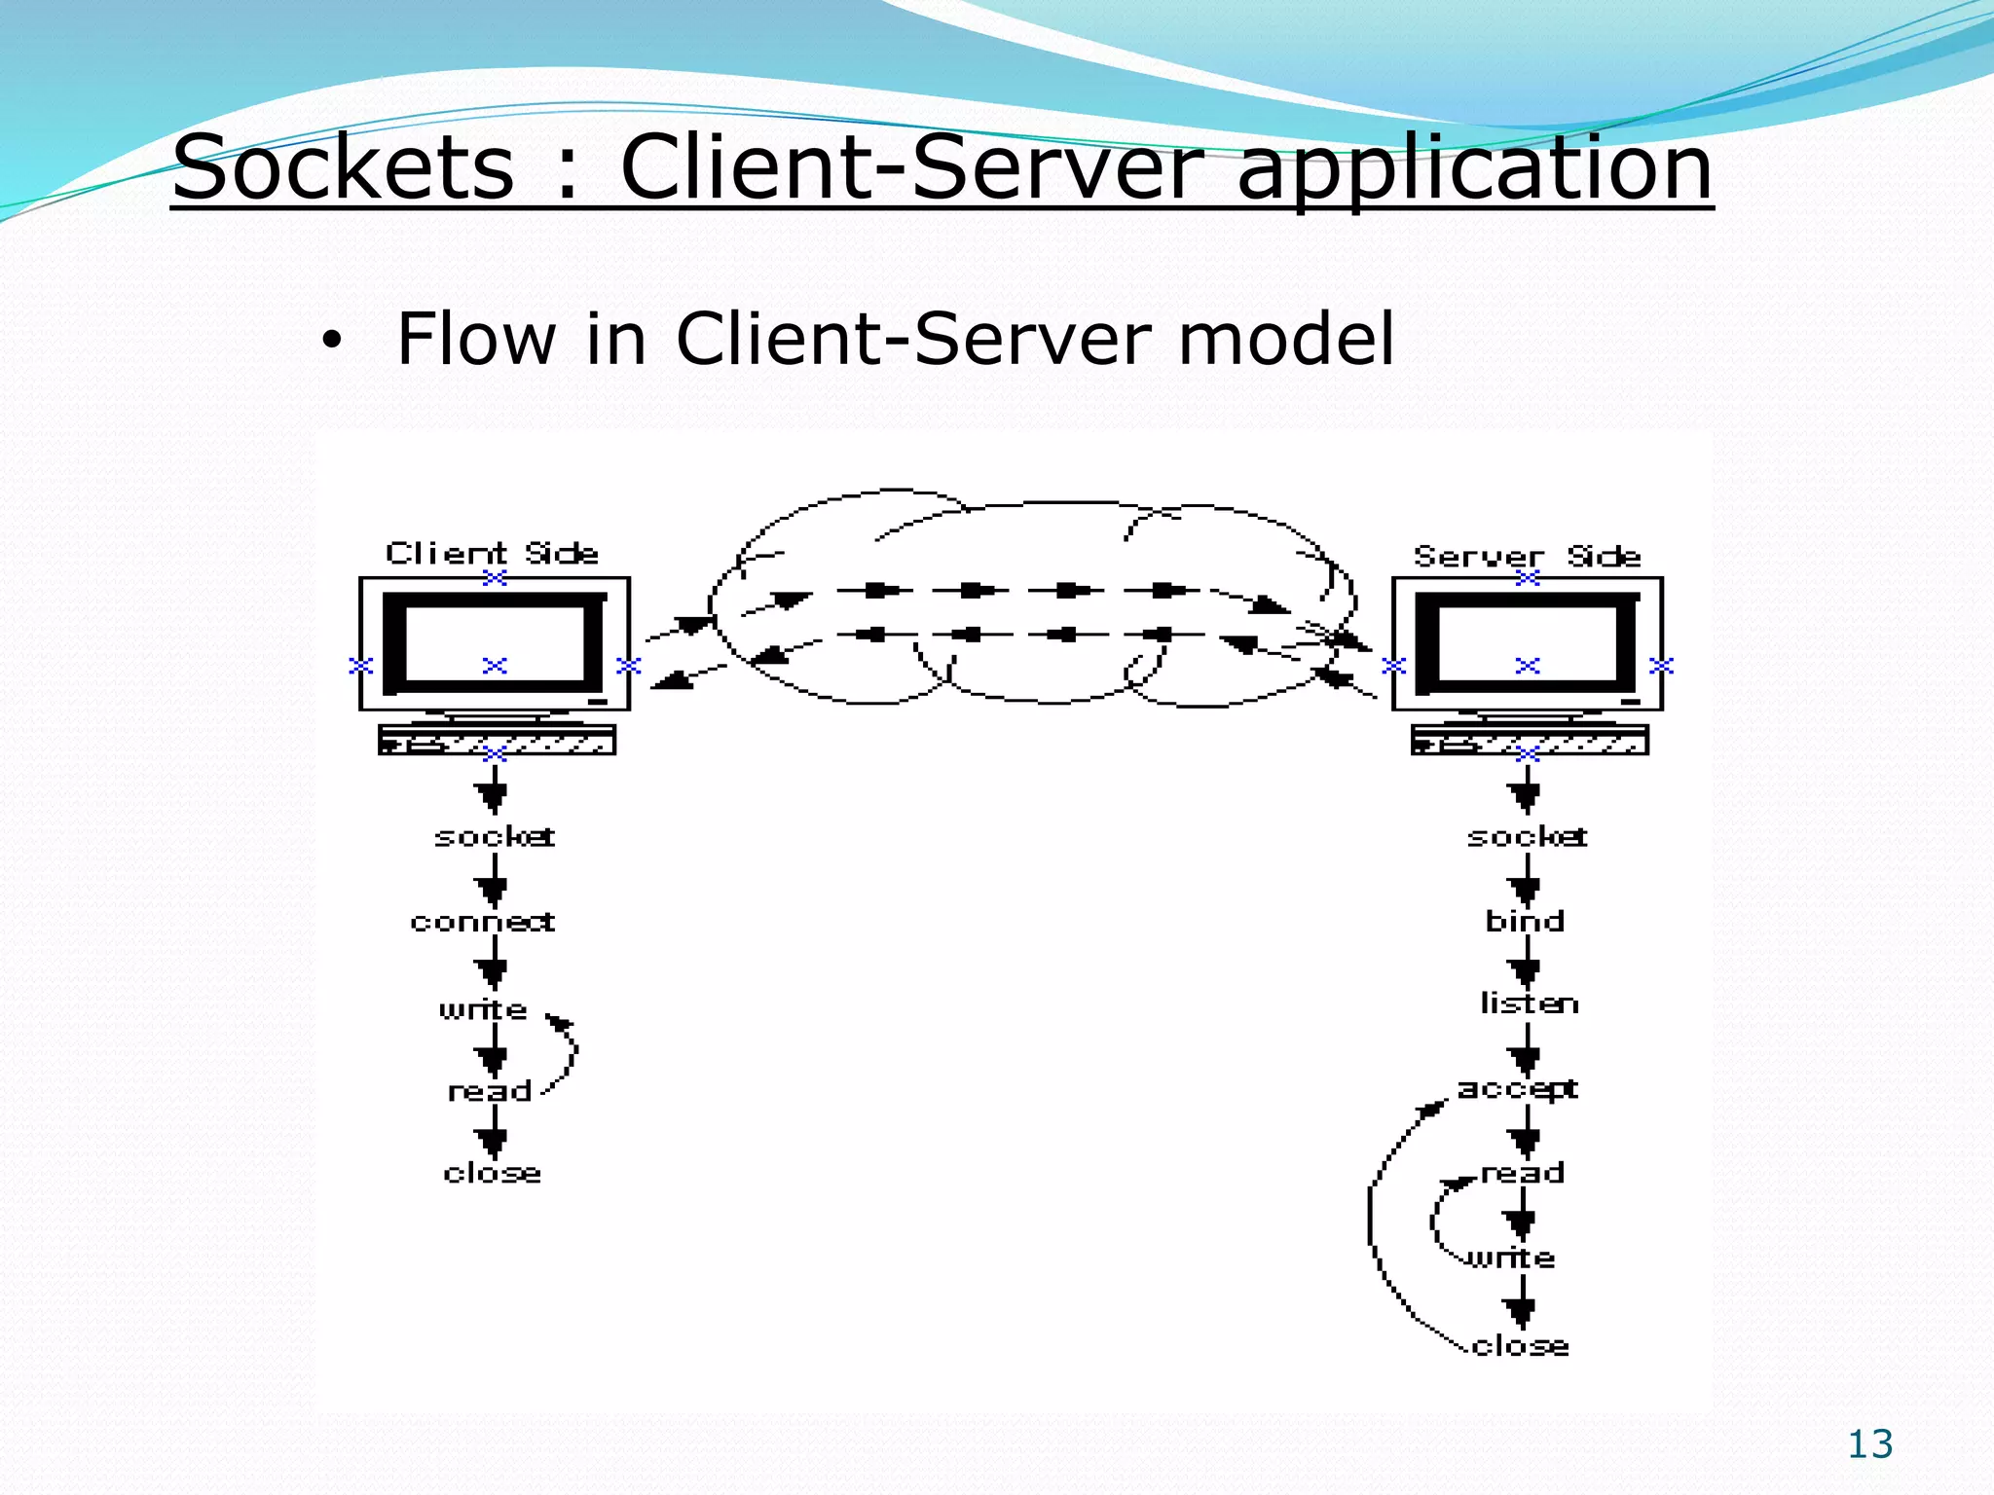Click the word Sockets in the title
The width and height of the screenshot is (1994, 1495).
tap(343, 167)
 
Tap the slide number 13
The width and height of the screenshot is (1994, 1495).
tap(1869, 1444)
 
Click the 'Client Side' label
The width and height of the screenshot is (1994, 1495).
tap(492, 553)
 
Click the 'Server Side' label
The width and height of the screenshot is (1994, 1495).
tap(1527, 556)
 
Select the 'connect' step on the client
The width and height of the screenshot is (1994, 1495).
tap(483, 921)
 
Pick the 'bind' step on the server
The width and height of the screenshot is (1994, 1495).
tap(1525, 920)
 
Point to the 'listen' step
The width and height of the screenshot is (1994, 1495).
tap(1529, 1003)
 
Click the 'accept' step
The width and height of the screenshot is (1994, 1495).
tap(1517, 1088)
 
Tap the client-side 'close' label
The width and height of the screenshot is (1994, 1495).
tap(492, 1173)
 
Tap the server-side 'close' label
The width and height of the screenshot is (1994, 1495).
tap(1521, 1346)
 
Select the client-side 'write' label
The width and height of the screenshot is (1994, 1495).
tap(483, 1008)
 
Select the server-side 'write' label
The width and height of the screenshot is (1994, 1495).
tap(1512, 1258)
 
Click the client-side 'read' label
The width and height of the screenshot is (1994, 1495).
tap(490, 1091)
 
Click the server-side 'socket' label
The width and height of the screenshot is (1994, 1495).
tap(1527, 836)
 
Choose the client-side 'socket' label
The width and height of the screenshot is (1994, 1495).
tap(495, 836)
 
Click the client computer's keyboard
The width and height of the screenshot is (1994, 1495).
tap(497, 741)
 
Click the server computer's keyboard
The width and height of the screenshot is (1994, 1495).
tap(1530, 741)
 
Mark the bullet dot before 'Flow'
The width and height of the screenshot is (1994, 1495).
tap(332, 341)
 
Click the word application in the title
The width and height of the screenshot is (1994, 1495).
tap(1474, 167)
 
